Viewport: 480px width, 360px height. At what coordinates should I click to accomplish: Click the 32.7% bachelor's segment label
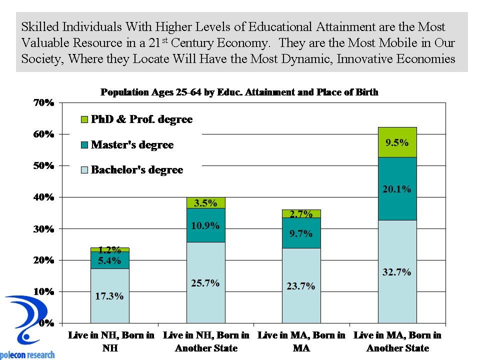[397, 272]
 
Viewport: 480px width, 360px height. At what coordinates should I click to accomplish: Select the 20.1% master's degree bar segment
[397, 188]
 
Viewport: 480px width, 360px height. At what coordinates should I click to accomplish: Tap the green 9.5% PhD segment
[397, 142]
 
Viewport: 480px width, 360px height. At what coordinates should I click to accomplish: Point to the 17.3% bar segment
[109, 295]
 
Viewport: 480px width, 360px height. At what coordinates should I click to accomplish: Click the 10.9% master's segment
[205, 225]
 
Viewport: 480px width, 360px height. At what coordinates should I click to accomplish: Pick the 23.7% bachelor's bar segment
[301, 286]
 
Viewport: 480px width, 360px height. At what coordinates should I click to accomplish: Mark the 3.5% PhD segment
[205, 203]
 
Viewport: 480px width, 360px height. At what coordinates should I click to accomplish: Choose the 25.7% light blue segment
[205, 283]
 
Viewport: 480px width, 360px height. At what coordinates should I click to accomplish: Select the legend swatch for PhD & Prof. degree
[84, 120]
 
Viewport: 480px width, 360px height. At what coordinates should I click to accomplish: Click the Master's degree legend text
[132, 145]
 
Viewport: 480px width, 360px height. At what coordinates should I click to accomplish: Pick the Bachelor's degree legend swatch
[84, 170]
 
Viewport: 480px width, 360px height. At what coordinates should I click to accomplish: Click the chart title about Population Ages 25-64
[239, 92]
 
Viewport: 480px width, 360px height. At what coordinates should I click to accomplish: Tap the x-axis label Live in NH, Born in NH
[111, 341]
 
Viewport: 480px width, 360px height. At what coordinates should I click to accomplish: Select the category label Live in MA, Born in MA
[301, 341]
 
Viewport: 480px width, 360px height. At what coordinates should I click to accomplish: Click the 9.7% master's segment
[301, 233]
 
